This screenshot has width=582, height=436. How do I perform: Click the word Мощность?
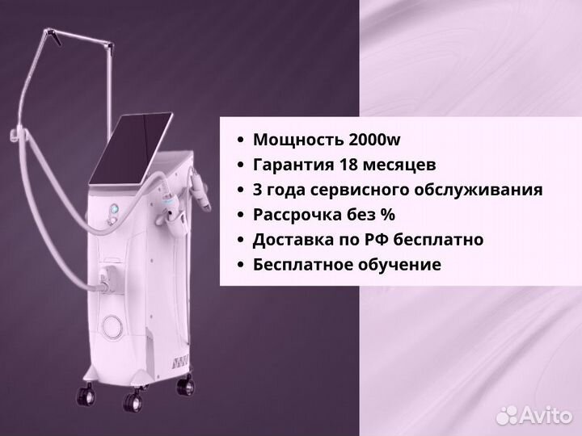coord(298,140)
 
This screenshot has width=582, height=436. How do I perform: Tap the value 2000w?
coord(374,140)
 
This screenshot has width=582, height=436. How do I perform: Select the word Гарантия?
coord(293,165)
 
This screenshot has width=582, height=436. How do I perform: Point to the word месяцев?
coord(399,166)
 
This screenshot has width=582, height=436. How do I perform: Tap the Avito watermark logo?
coord(534,414)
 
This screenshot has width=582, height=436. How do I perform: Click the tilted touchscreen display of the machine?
coord(131,149)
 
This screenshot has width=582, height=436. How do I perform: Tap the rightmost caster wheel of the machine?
coord(185,386)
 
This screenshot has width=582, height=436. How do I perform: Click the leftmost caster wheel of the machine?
coord(86,394)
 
